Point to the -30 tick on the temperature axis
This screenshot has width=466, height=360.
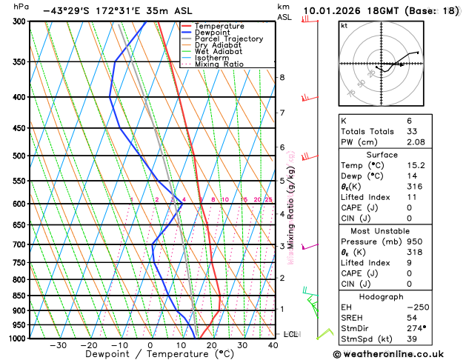coord(58,345)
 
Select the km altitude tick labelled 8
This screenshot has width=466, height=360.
coord(282,77)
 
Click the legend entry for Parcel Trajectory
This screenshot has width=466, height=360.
coord(229,39)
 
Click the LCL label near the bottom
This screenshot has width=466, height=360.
coord(290,334)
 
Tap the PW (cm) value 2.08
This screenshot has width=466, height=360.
coord(427,141)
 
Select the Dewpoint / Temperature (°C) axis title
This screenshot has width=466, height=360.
coord(151,354)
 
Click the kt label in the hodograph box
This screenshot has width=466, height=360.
coord(344,26)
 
